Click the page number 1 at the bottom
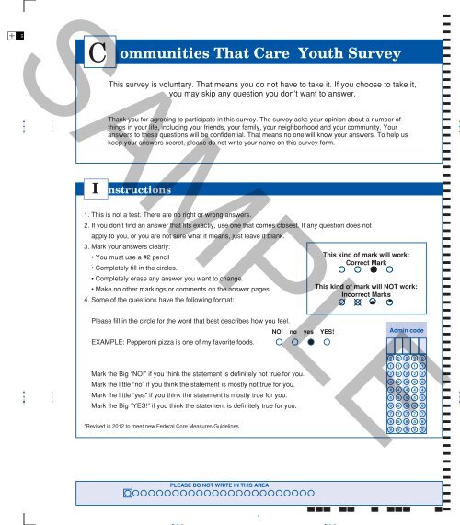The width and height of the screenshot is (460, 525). (x=260, y=516)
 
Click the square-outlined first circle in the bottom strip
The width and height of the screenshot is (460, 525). (x=129, y=494)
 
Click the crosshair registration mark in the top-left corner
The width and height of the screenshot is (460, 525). (x=11, y=34)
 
